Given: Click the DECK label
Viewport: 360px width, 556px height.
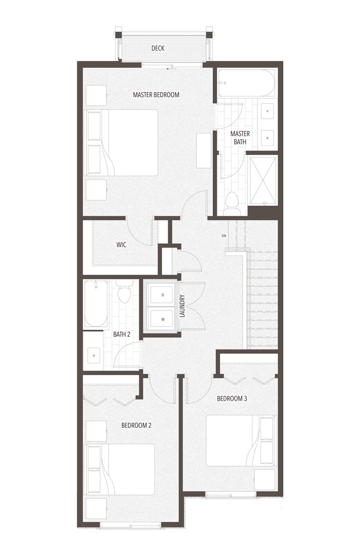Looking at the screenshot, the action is [158, 48].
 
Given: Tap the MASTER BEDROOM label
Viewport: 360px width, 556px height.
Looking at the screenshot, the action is [156, 94].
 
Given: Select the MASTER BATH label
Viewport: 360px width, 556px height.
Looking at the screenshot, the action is [240, 137].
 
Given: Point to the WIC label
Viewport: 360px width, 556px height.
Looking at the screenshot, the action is [121, 244].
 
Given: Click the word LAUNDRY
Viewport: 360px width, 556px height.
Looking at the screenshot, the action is [182, 306].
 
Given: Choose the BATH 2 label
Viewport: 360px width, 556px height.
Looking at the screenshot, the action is [122, 334].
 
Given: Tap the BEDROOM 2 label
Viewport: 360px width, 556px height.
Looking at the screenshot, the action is [136, 425].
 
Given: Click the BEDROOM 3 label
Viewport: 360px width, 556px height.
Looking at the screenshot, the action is [232, 398].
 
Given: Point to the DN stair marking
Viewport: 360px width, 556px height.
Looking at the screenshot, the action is [224, 235].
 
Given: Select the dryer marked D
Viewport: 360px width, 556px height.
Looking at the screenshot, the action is [163, 295].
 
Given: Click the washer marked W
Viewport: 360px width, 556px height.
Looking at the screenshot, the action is [163, 319].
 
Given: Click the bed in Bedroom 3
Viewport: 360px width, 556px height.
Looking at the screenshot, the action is [240, 441].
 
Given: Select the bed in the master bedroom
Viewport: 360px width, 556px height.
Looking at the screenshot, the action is [121, 142].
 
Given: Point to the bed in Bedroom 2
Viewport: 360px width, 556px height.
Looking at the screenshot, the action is [120, 469].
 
